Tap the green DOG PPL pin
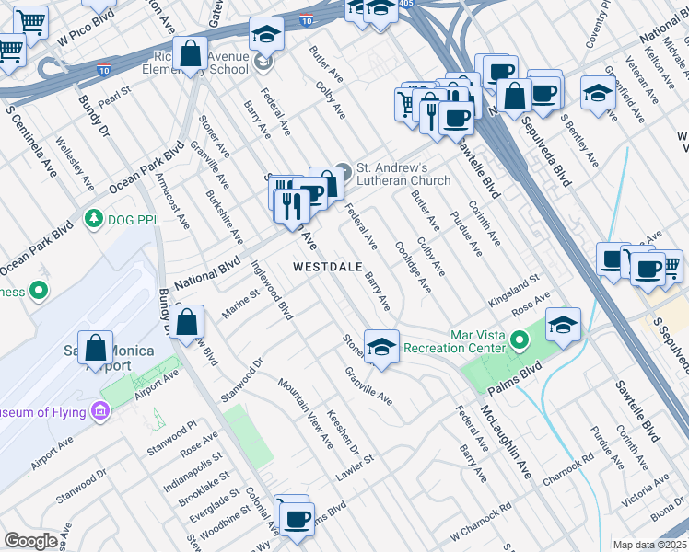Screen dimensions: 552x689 [92, 219]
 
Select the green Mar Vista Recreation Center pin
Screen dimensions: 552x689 [520, 341]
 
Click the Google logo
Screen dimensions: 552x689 [30, 541]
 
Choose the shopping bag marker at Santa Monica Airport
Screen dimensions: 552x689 [96, 349]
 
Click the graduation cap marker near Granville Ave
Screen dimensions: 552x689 [381, 346]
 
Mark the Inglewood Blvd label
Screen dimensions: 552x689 [273, 290]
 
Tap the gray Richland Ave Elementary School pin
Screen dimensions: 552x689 [265, 63]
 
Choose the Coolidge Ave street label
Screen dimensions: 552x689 [413, 267]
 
